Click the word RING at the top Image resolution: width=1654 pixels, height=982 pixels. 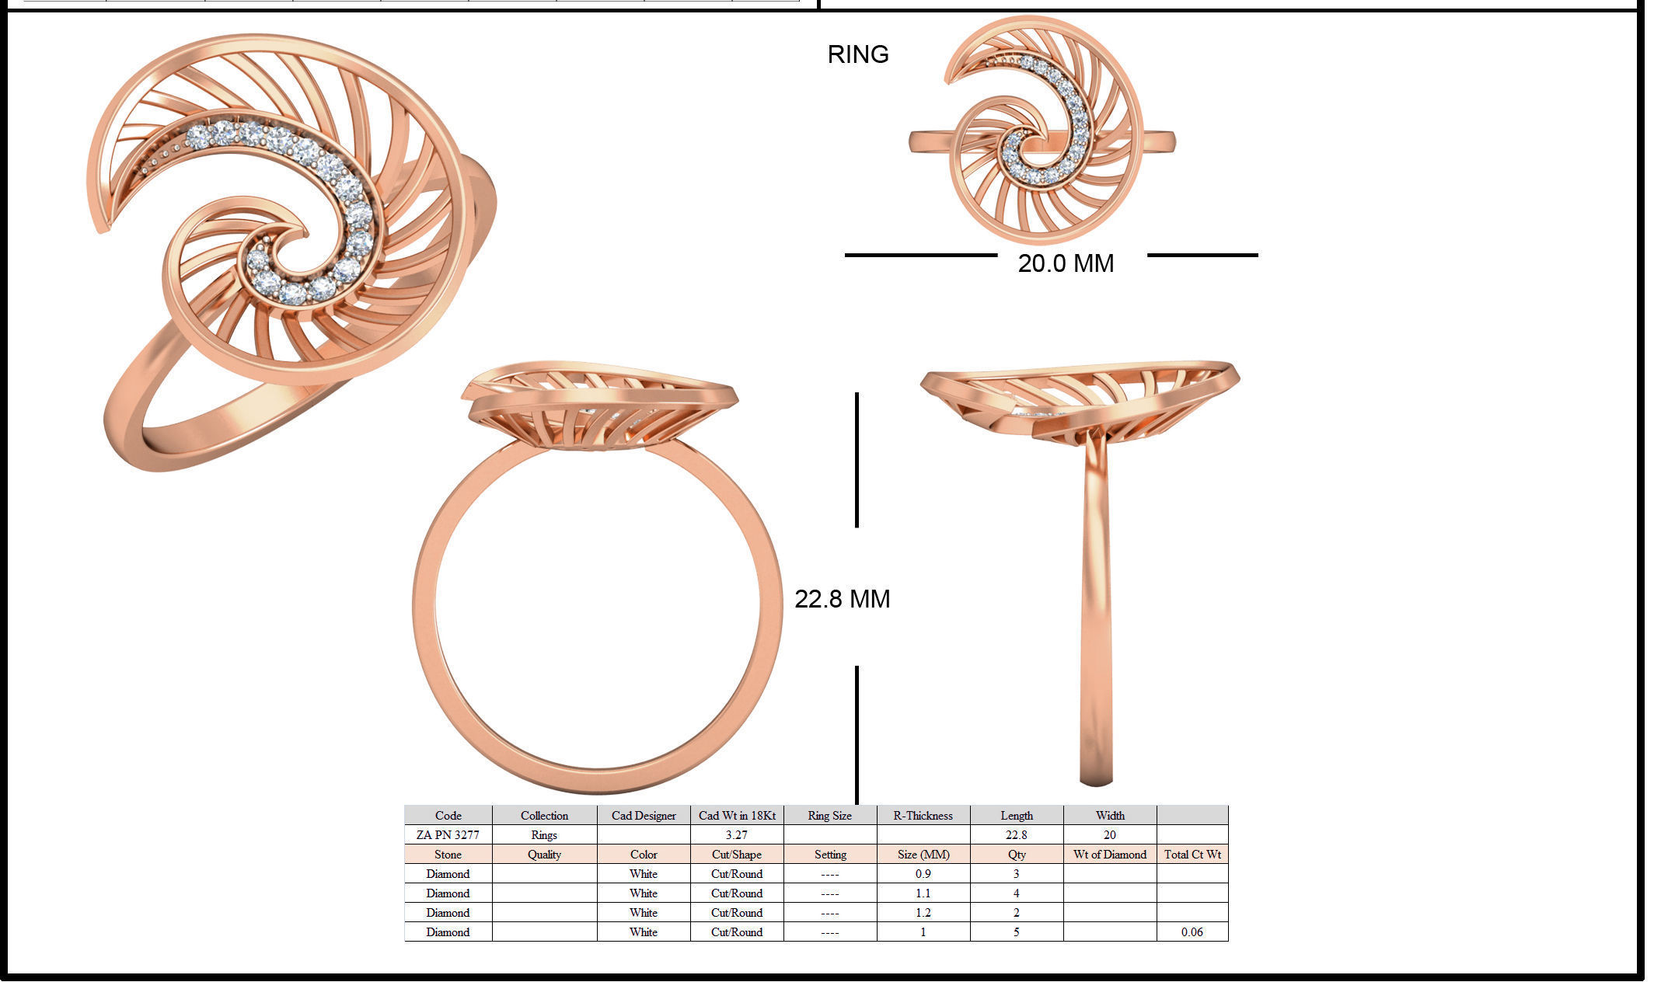pyautogui.click(x=857, y=54)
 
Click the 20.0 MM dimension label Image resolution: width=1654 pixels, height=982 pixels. pyautogui.click(x=1065, y=263)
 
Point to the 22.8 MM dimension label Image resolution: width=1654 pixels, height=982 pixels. pyautogui.click(x=842, y=598)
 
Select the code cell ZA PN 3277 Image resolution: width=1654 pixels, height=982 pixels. pyautogui.click(x=448, y=835)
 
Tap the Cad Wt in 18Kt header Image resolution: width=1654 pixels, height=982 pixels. pyautogui.click(x=736, y=816)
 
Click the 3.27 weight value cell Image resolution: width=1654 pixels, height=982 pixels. pyautogui.click(x=736, y=835)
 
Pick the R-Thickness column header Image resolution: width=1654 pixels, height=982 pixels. pyautogui.click(x=923, y=816)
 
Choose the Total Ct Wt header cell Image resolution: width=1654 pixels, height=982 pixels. pyautogui.click(x=1192, y=855)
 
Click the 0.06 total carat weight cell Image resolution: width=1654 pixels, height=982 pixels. pyautogui.click(x=1192, y=932)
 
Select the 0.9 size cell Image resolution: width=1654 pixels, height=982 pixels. pyautogui.click(x=923, y=874)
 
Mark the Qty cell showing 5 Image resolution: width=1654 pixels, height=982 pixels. pyautogui.click(x=1016, y=932)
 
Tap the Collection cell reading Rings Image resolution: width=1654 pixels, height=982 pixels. pyautogui.click(x=544, y=835)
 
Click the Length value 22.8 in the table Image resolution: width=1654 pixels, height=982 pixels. pyautogui.click(x=1016, y=835)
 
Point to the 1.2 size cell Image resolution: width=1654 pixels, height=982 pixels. pyautogui.click(x=923, y=913)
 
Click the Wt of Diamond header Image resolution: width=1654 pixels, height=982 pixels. pyautogui.click(x=1109, y=855)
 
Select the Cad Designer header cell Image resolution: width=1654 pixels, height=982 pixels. pyautogui.click(x=643, y=816)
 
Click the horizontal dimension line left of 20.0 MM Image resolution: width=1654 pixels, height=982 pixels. pyautogui.click(x=920, y=255)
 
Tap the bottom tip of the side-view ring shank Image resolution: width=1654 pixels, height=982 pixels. pyautogui.click(x=1096, y=782)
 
